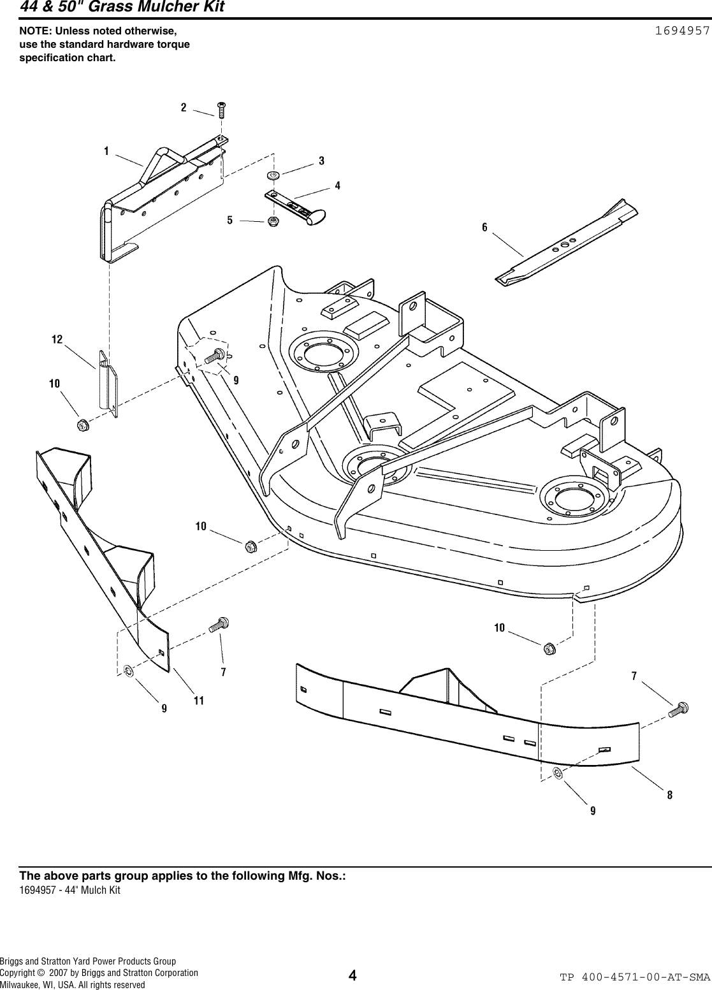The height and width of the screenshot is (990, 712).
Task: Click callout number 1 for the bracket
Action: (106, 151)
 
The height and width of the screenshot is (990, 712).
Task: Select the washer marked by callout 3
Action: (273, 175)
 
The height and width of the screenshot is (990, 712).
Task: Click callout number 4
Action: (337, 186)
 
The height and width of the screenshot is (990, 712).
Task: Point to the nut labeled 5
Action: (273, 222)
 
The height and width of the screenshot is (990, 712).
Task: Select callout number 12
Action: (57, 340)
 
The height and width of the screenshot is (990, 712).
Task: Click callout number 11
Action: (198, 700)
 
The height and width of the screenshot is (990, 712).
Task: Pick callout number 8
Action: (669, 795)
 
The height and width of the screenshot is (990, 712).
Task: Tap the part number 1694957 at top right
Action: (683, 31)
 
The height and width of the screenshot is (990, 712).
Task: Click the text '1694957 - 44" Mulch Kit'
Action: (70, 890)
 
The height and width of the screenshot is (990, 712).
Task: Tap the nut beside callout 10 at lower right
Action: (549, 649)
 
